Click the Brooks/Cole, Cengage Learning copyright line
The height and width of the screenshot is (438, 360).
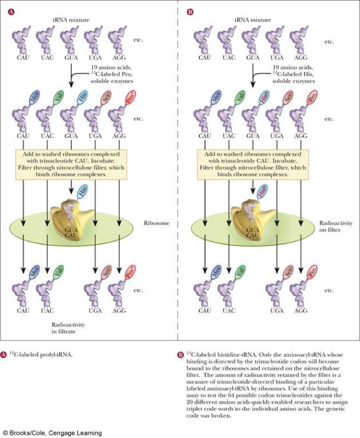52,433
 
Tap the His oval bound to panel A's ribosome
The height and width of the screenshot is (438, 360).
82,192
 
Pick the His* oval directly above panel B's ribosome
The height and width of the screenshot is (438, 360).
263,192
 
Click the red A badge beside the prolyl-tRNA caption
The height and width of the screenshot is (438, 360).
4,354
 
